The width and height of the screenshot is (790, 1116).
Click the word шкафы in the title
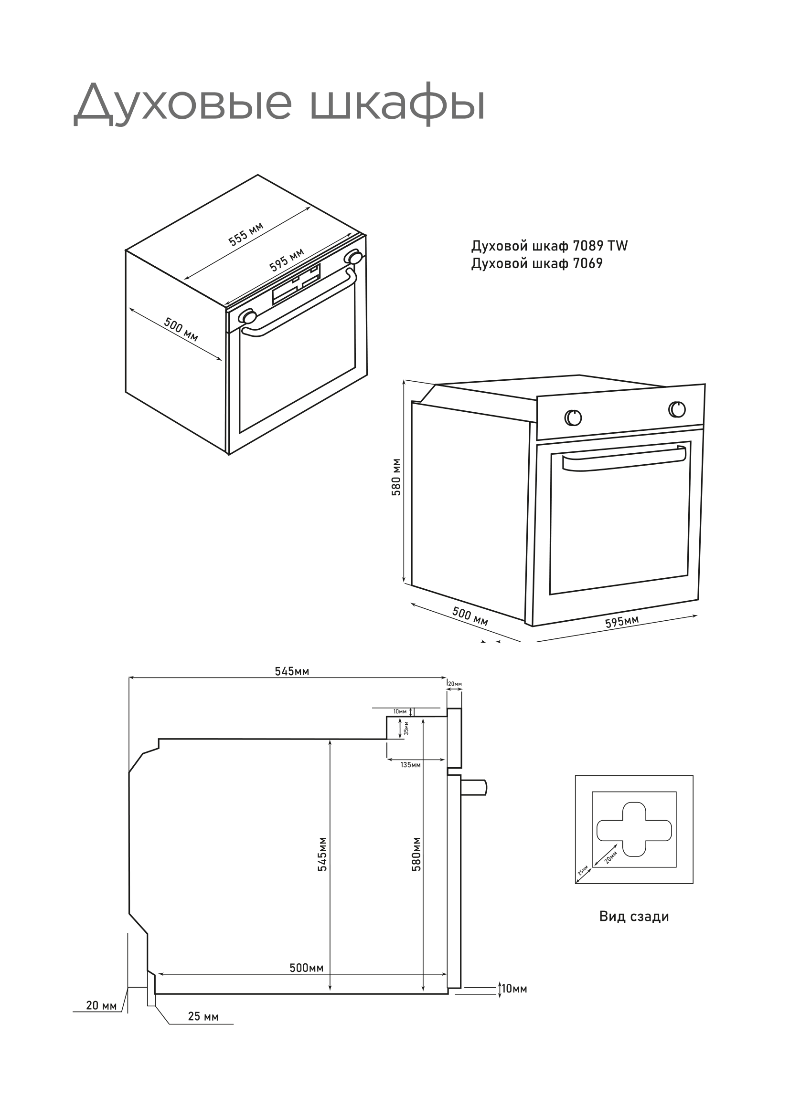tap(397, 104)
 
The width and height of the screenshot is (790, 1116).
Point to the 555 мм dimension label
tap(246, 234)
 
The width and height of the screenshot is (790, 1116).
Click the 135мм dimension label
tap(411, 764)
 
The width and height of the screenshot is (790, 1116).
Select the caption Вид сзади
tap(634, 916)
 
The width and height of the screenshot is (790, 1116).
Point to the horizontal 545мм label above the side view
tap(292, 671)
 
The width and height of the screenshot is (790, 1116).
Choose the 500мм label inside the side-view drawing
tap(307, 968)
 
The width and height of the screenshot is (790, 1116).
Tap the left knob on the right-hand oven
tap(573, 417)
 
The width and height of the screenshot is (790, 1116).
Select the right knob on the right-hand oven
tap(677, 409)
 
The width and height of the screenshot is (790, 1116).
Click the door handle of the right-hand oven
tap(624, 459)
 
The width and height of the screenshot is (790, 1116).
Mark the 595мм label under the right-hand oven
tap(622, 622)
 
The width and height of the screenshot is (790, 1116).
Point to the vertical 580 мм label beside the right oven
tap(396, 477)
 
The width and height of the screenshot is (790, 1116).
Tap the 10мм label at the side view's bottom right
tap(514, 989)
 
